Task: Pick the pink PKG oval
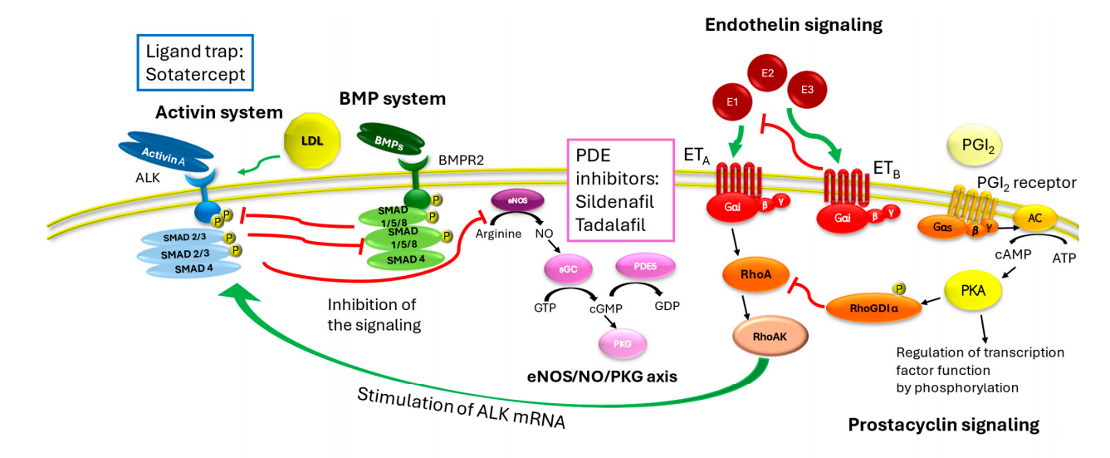tap(623, 340)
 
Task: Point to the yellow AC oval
tap(1034, 217)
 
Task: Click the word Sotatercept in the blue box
tap(195, 73)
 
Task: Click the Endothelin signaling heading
tap(793, 25)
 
